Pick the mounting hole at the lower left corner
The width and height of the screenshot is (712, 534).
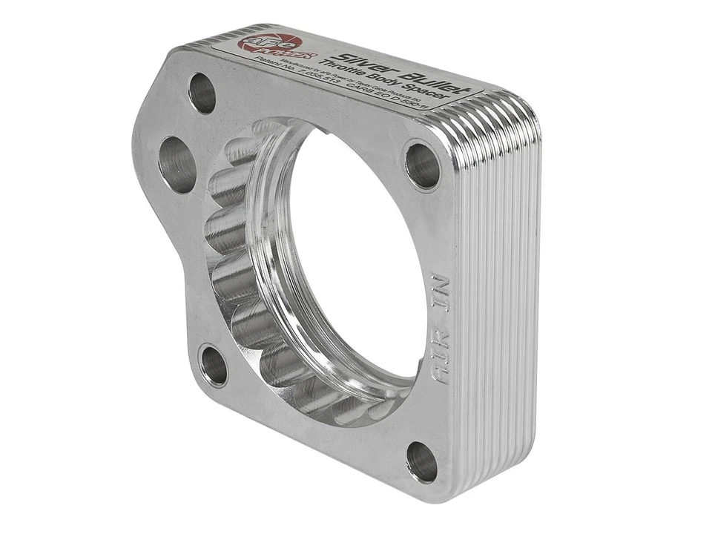click(x=214, y=366)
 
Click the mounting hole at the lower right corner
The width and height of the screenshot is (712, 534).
click(x=422, y=462)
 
